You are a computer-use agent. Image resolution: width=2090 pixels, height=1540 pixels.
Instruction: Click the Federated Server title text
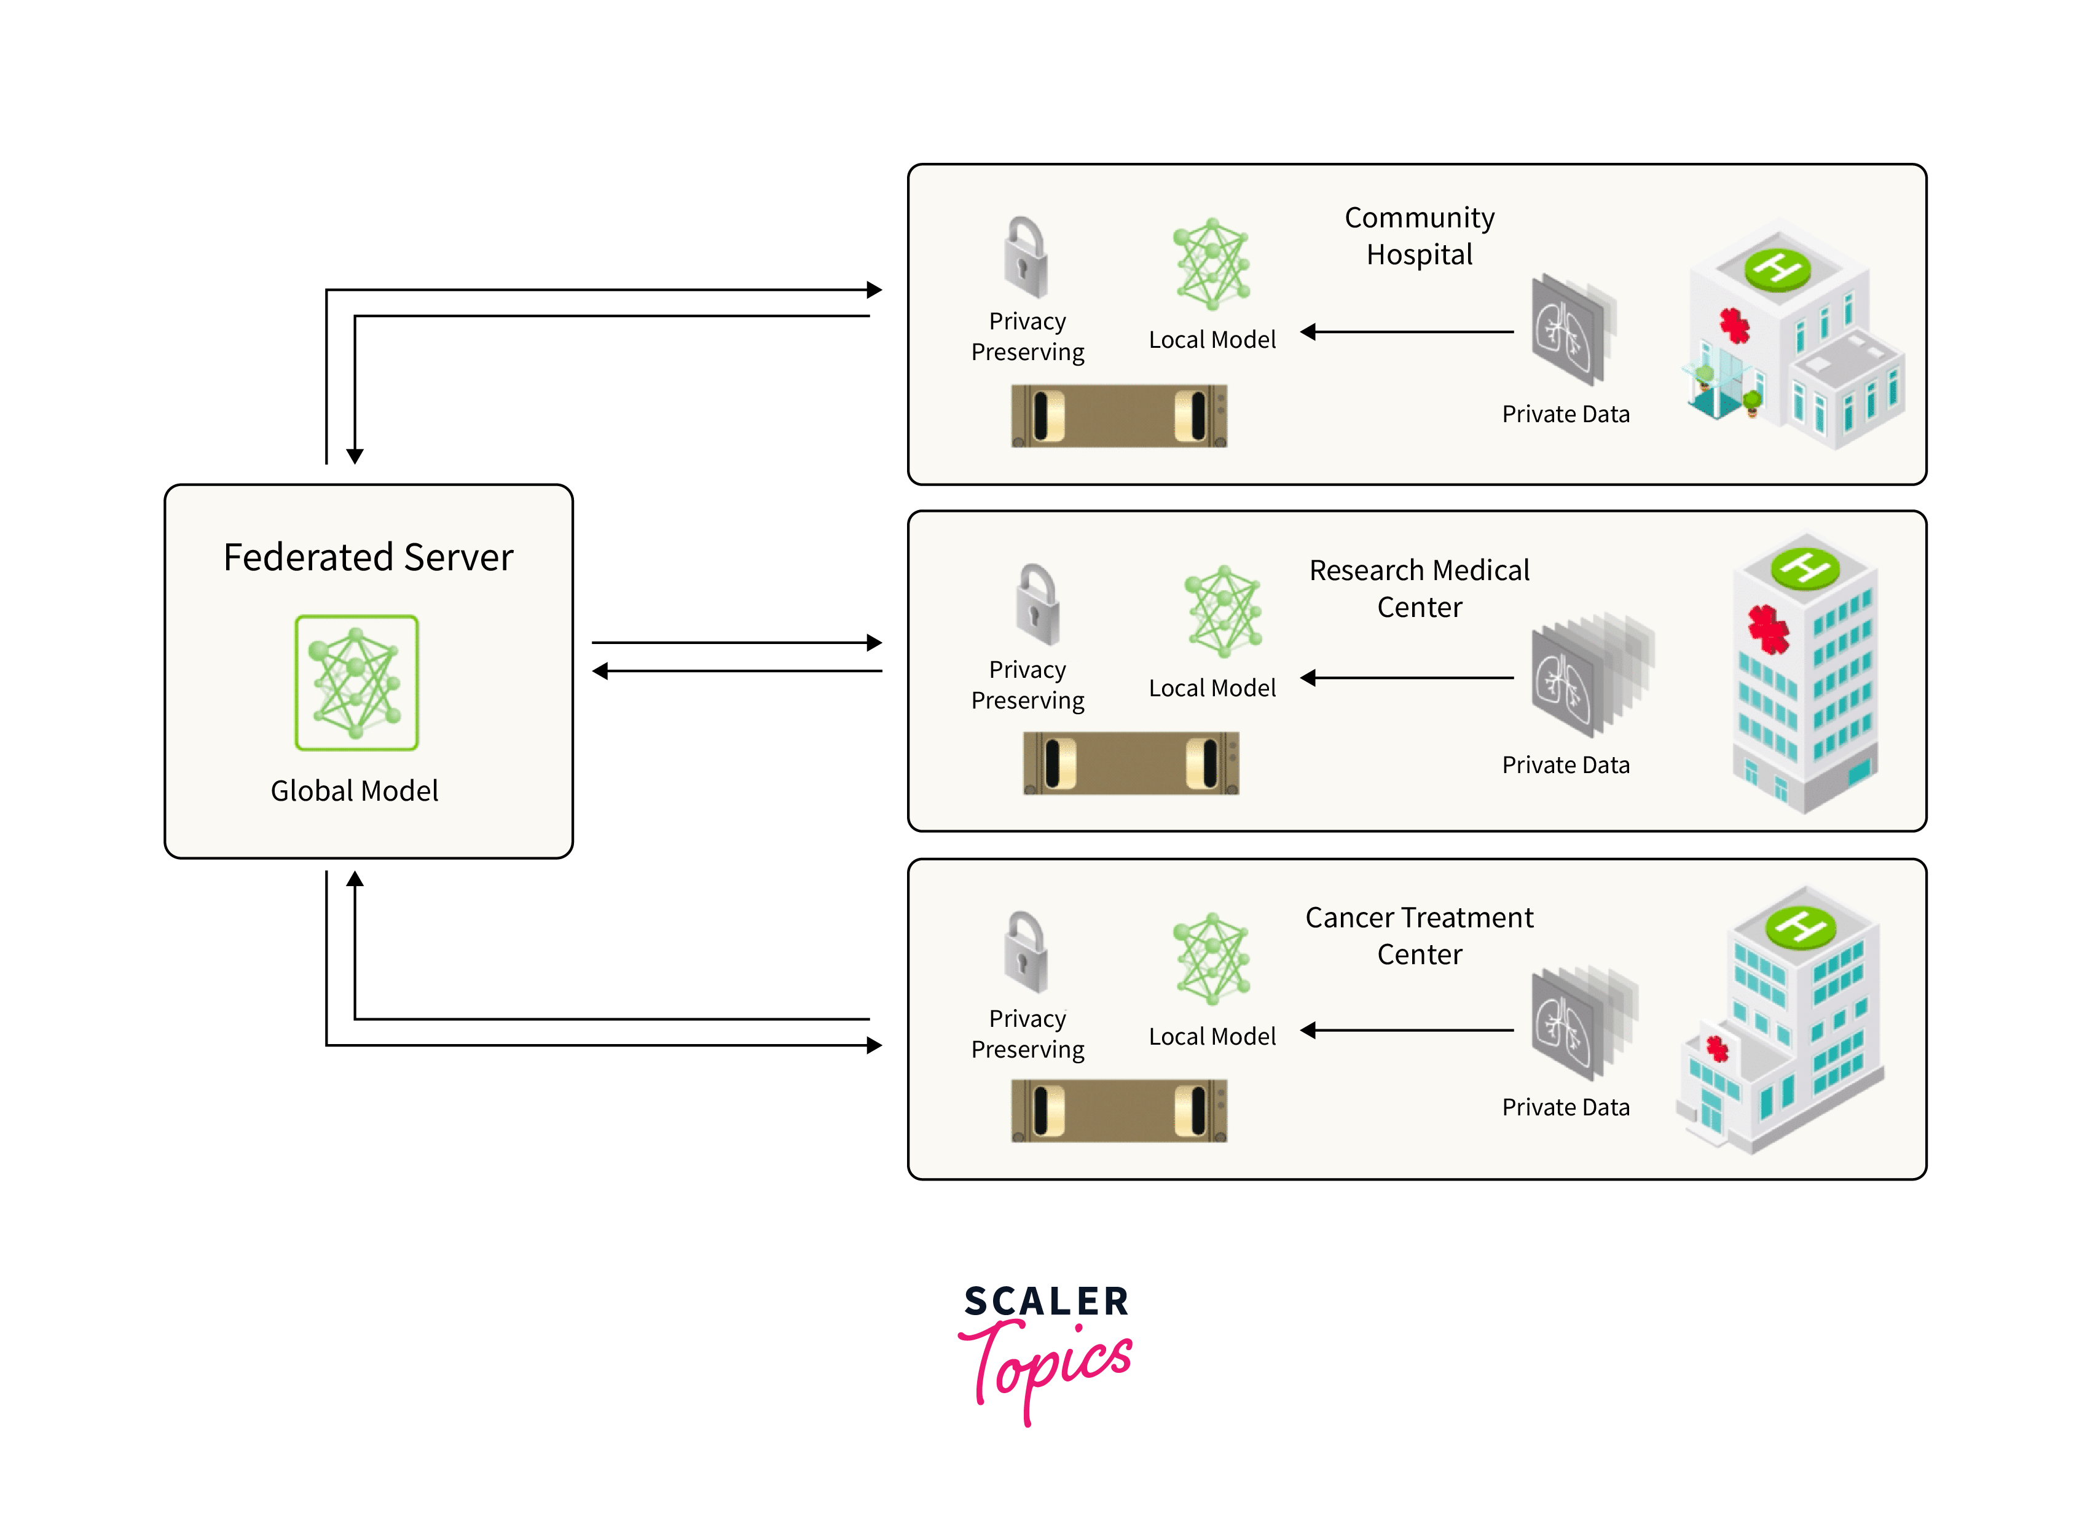coord(368,557)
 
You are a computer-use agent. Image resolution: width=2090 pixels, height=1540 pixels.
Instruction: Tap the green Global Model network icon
coord(356,682)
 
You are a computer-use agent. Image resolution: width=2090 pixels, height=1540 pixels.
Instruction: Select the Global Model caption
coord(354,790)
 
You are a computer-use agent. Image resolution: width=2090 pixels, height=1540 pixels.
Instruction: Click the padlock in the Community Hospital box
coord(1026,257)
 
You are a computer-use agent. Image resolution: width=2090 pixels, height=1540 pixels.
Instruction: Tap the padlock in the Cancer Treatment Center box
coord(1026,952)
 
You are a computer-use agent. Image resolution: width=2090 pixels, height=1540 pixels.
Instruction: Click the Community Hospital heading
coord(1419,236)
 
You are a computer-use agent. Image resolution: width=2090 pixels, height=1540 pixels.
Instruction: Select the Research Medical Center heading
coord(1419,588)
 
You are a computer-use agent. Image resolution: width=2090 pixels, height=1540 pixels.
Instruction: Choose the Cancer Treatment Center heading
coord(1419,936)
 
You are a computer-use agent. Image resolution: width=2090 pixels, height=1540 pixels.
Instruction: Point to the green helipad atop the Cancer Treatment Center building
coord(1800,925)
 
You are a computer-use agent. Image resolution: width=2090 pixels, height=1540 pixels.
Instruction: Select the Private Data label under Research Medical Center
coord(1565,765)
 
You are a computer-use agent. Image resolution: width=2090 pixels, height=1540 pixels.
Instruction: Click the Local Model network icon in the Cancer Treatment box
coord(1211,958)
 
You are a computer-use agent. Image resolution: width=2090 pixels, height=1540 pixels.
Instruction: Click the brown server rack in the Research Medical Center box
coord(1131,763)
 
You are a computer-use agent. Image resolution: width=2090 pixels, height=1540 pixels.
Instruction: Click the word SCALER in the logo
coord(1046,1302)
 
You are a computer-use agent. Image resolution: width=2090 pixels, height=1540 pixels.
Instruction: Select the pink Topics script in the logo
coord(1046,1365)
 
